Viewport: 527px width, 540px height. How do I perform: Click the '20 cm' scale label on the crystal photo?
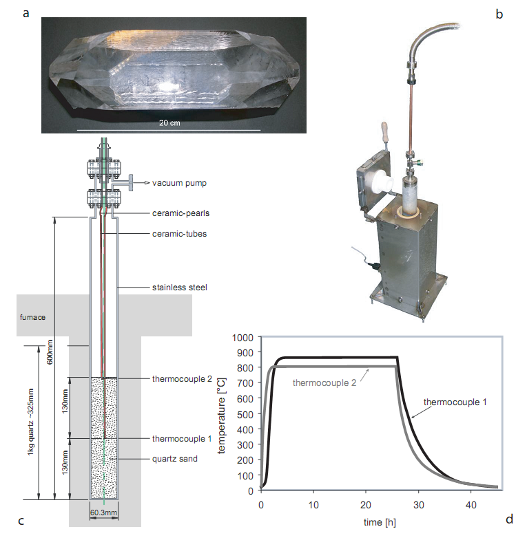[x=169, y=123]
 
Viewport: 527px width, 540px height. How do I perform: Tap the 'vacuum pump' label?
[x=179, y=183]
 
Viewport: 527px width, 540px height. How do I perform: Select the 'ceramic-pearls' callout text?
[x=180, y=213]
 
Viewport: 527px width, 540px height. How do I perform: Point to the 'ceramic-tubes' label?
[x=179, y=234]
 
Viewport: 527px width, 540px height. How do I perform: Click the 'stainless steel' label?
[x=180, y=288]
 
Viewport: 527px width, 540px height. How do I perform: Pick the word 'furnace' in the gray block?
[x=33, y=317]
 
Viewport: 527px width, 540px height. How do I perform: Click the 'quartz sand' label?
[x=175, y=459]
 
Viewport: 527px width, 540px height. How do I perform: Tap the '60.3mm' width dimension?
[x=104, y=512]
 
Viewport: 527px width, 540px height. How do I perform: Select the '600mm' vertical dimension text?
[x=50, y=352]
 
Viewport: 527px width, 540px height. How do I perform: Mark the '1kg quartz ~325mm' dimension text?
[x=31, y=422]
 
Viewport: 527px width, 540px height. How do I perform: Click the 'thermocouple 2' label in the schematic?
[x=182, y=379]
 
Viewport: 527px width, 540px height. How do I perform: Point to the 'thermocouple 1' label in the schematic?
[x=182, y=439]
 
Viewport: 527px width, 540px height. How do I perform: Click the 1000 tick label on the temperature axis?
[x=242, y=338]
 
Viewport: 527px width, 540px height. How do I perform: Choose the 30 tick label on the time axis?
[x=418, y=505]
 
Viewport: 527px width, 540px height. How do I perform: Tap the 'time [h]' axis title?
[x=380, y=522]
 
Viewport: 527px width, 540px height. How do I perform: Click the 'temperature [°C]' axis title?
[x=221, y=416]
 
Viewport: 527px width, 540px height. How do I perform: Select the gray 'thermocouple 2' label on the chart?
[x=324, y=383]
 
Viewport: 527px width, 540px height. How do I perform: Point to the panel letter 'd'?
[x=509, y=519]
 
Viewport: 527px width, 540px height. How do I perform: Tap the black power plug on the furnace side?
[x=375, y=266]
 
